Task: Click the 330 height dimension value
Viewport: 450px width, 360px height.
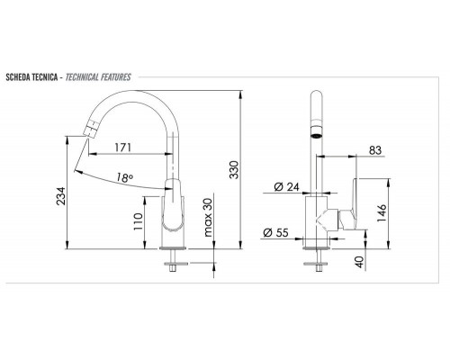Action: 235,171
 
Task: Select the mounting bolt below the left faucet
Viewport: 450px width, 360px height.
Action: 172,264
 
